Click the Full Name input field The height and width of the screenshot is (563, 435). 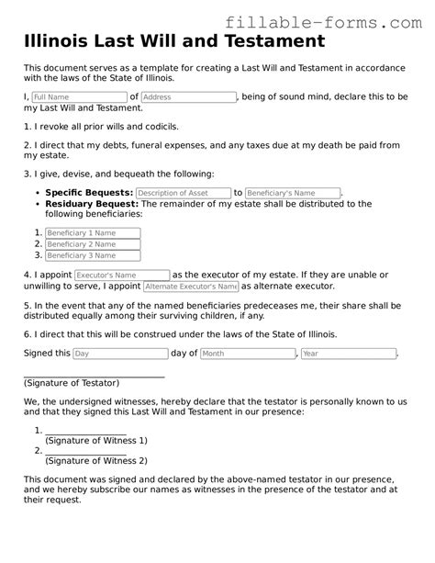pyautogui.click(x=78, y=96)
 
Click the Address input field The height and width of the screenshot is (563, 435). pyautogui.click(x=189, y=96)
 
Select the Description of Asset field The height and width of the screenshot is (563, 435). pyautogui.click(x=184, y=193)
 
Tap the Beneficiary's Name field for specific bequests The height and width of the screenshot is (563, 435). pyautogui.click(x=293, y=193)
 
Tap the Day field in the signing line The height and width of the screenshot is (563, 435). pyautogui.click(x=120, y=354)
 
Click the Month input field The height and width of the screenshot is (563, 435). pyautogui.click(x=247, y=354)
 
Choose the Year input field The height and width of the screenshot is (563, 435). pyautogui.click(x=348, y=354)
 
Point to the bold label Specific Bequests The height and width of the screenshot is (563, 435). pyautogui.click(x=89, y=193)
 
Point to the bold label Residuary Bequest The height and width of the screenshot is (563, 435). pyautogui.click(x=91, y=203)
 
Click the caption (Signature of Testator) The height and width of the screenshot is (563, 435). pyautogui.click(x=72, y=382)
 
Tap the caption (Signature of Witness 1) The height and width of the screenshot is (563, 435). pyautogui.click(x=96, y=440)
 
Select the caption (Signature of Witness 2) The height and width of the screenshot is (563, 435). pyautogui.click(x=96, y=460)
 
